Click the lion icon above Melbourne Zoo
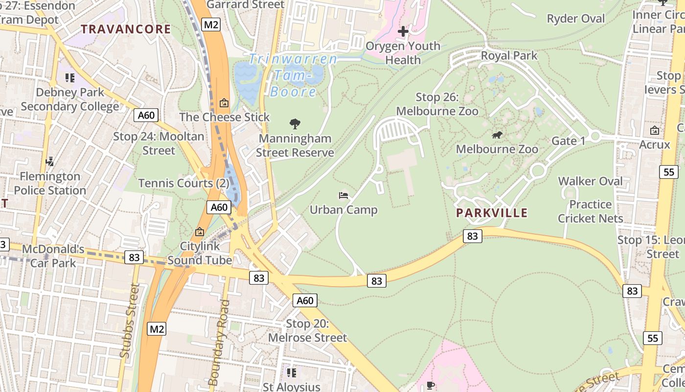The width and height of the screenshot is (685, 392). [x=497, y=135]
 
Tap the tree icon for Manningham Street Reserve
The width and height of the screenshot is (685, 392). [x=295, y=124]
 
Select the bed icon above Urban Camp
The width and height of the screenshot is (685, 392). [x=343, y=196]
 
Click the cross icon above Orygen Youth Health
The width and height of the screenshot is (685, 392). [x=403, y=32]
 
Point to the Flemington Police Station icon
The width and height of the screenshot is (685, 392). [x=49, y=161]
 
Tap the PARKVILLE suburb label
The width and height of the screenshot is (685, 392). [x=492, y=213]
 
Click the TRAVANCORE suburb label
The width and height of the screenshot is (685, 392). [x=126, y=29]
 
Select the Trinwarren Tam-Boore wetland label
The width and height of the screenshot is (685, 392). [x=293, y=75]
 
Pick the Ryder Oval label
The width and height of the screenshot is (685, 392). [x=575, y=19]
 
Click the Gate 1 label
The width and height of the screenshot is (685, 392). [x=568, y=141]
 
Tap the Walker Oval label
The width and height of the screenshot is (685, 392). [x=590, y=181]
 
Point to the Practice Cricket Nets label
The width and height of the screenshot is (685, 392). [x=591, y=211]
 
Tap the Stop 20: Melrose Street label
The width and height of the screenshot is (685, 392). [x=307, y=331]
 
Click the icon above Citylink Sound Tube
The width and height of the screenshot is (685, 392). [x=199, y=232]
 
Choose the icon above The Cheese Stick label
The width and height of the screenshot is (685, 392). [x=224, y=103]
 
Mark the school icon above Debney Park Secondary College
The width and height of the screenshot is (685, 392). [x=69, y=78]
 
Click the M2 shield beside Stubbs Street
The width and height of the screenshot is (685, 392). [x=157, y=329]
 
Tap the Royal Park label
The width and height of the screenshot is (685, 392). [x=509, y=55]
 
